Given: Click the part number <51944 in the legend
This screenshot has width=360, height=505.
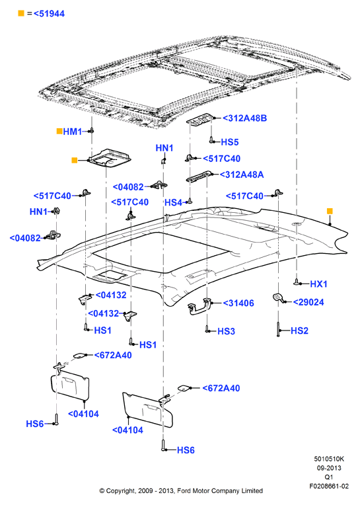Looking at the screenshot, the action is coord(49,13).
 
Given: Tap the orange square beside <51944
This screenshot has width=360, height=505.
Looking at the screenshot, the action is coord(21,13).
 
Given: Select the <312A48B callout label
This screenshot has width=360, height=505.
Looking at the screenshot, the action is coord(244,118).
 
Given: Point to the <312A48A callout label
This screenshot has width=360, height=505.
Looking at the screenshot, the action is coord(242,175).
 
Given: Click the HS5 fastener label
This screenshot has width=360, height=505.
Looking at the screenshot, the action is coord(230,142).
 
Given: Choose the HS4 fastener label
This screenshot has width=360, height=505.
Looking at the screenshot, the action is coord(174,202).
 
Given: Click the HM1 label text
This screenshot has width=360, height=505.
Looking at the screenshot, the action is coord(73,132).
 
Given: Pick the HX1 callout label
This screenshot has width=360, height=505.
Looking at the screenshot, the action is coord(318,284).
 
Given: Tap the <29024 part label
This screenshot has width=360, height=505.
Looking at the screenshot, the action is coord(308,302).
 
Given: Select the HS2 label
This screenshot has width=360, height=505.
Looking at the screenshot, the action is coord(299,330).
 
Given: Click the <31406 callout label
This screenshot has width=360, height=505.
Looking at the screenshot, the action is coord(238,303).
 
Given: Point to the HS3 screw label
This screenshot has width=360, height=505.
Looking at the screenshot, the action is coord(226,331).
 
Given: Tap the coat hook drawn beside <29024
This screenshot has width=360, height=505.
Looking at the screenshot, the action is coord(278,297).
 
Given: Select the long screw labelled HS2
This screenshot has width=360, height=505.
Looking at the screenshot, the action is coord(278,329).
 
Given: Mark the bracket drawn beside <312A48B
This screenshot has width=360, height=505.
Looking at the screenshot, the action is coord(200,119).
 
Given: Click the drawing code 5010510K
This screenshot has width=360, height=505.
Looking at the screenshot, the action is coord(329,459).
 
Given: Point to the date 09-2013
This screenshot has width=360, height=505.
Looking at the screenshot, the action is coord(329,468).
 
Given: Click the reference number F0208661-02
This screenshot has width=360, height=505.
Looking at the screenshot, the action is coord(329,486).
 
